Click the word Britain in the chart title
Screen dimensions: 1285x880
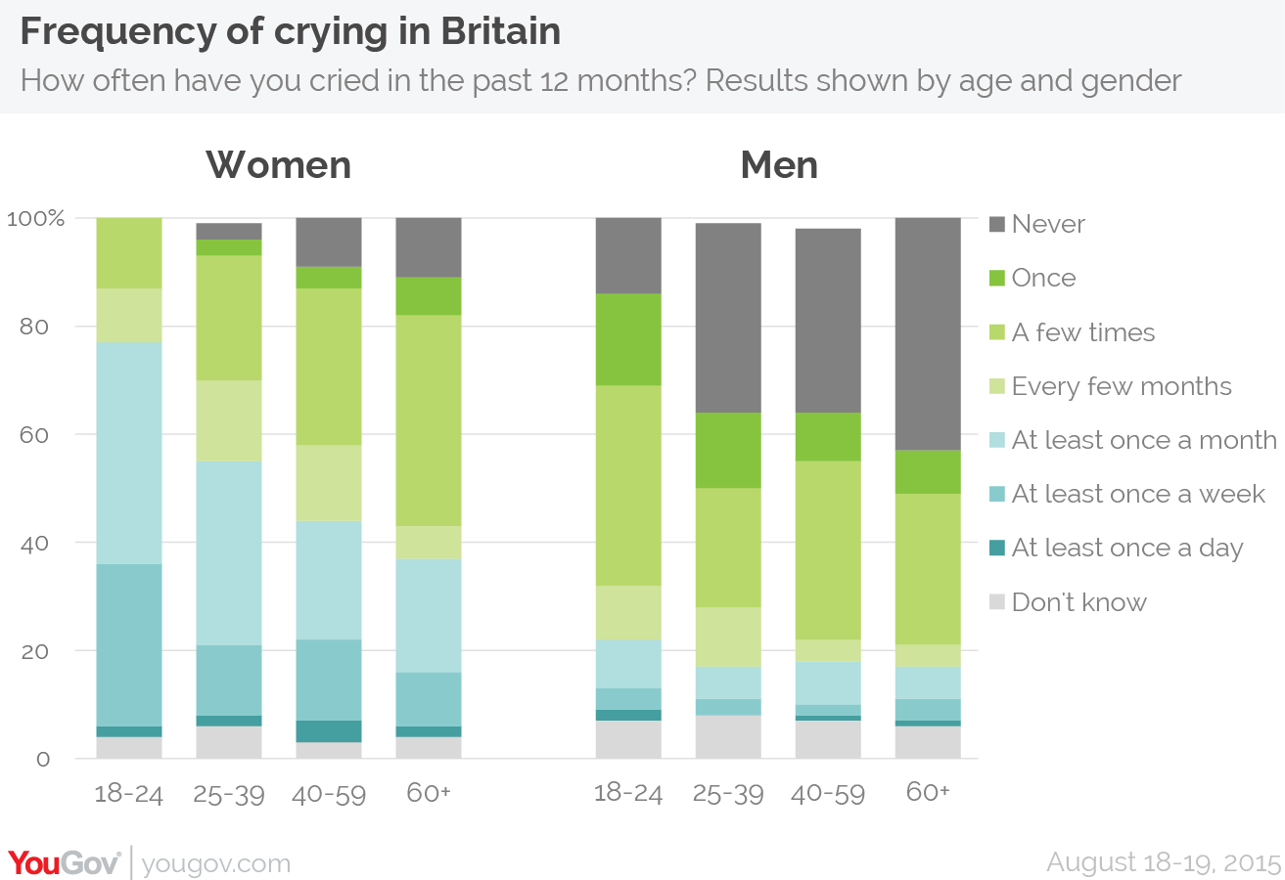[500, 31]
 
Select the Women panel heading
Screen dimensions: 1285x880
[278, 165]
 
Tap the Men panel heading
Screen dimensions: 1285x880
[779, 165]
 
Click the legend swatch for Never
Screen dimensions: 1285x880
[997, 224]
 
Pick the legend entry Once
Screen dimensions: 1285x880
[1033, 278]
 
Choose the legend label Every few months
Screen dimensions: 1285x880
[1122, 386]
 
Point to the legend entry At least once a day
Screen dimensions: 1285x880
[1117, 549]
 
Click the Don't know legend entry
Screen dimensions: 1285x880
[1068, 602]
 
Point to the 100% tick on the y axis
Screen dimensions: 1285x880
[35, 218]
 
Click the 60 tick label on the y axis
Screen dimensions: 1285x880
[34, 435]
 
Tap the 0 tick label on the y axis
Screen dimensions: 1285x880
[43, 760]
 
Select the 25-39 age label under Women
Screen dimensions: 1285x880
[229, 795]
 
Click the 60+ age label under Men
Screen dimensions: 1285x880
[928, 792]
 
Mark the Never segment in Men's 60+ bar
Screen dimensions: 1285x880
[928, 334]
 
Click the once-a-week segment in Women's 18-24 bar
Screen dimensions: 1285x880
[129, 645]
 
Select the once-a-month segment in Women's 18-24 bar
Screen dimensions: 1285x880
[129, 454]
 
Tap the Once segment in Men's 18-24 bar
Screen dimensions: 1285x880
[628, 339]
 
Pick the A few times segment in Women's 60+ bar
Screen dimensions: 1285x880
[429, 420]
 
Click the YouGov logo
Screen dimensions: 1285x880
[65, 863]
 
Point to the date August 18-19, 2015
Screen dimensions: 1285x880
[1165, 862]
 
